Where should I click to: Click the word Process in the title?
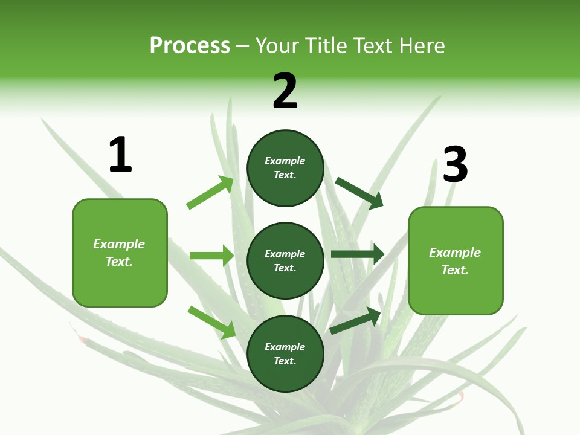click(x=190, y=46)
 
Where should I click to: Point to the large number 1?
click(x=120, y=154)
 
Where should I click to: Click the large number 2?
click(x=285, y=91)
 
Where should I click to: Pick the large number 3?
click(x=456, y=164)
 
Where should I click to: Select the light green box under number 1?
click(x=120, y=253)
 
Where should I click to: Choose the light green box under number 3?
click(x=456, y=261)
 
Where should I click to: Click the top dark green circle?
click(x=286, y=168)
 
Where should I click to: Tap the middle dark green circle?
click(x=286, y=261)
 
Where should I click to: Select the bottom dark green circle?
click(x=286, y=354)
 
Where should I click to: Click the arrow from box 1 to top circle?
click(x=210, y=192)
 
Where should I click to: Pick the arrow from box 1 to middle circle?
click(x=212, y=255)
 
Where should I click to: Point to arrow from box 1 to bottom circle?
click(x=212, y=322)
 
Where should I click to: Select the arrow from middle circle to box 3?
click(x=358, y=254)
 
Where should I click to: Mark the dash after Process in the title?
click(x=242, y=47)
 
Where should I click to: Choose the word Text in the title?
click(x=373, y=45)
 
